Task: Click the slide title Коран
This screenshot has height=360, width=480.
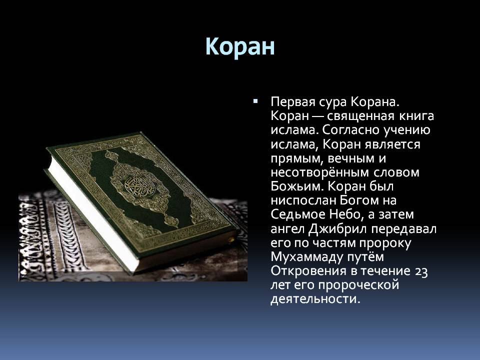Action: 240,46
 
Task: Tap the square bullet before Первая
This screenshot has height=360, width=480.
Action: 255,100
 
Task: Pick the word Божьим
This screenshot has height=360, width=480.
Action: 294,186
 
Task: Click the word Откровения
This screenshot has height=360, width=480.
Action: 308,271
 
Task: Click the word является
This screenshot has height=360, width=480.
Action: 392,144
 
